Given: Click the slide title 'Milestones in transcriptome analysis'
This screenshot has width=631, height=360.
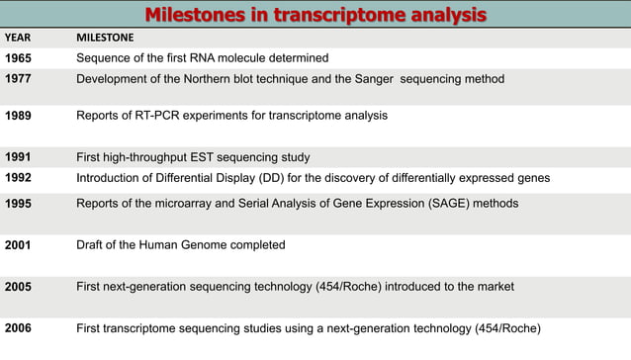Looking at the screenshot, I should point(315,15).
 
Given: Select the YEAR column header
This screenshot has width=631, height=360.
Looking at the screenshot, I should point(18,39).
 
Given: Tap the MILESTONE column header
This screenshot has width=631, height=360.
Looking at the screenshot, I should point(106,39).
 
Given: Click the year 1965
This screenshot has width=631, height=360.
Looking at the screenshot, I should point(19,58).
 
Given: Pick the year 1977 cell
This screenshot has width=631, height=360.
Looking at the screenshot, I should point(19,79).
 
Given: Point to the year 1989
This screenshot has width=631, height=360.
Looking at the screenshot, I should point(19,116).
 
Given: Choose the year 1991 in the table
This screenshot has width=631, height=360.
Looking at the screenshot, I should point(19,157).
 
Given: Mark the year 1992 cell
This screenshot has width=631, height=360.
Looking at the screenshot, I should point(19,178).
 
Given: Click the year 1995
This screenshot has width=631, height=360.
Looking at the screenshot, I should point(19,204).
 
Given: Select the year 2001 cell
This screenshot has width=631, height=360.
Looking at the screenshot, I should point(19,245).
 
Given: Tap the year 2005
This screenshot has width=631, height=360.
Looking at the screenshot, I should point(19,287).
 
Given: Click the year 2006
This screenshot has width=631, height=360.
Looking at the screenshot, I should point(19,328).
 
